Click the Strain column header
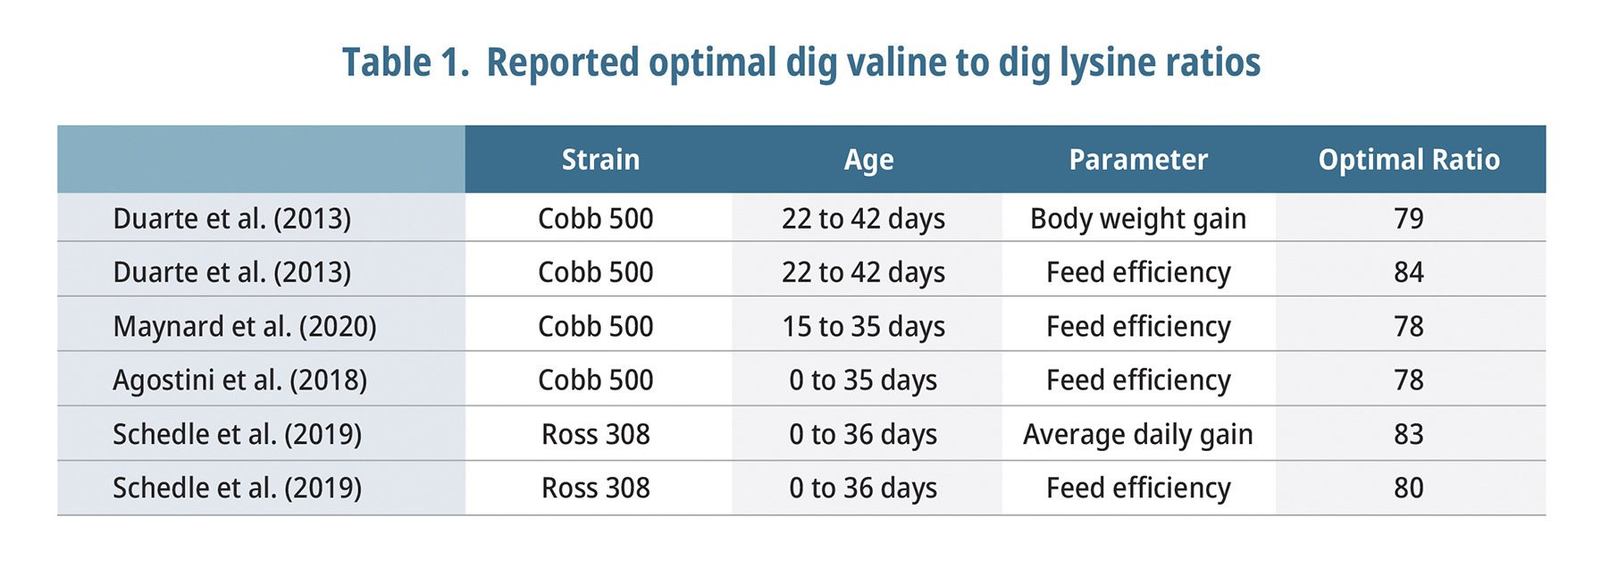point(600,160)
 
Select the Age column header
point(868,160)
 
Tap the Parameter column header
point(1137,160)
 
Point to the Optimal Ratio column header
point(1408,160)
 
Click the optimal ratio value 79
point(1408,219)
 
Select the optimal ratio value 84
point(1408,272)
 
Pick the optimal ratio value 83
point(1408,434)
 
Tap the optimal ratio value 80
point(1408,488)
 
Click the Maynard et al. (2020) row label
point(245,327)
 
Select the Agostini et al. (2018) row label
point(239,380)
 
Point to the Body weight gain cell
point(1137,219)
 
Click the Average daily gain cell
point(1137,434)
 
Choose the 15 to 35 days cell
point(863,327)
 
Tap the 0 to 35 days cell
point(863,380)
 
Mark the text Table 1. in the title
point(406,63)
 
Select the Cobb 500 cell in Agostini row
point(595,380)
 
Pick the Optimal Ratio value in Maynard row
point(1408,327)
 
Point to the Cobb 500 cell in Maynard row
point(595,327)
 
